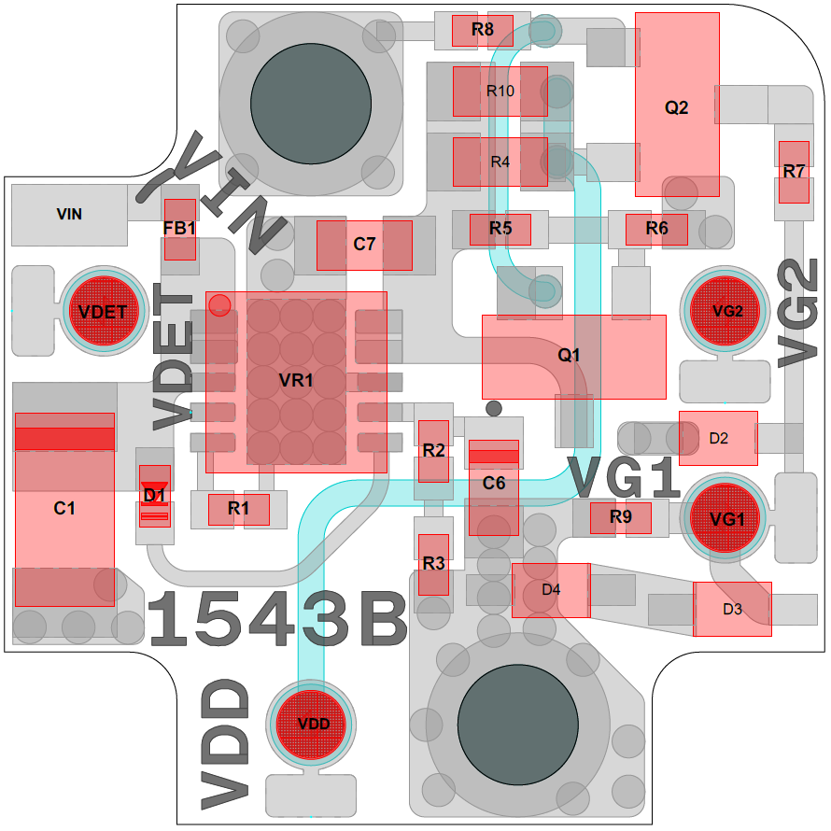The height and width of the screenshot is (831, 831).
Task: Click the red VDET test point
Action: (x=104, y=311)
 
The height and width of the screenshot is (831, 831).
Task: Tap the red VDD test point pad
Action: (x=311, y=725)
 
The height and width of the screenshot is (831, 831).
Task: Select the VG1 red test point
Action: (x=725, y=518)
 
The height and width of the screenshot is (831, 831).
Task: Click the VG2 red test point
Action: (x=725, y=311)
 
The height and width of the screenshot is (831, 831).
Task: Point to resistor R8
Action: (x=483, y=31)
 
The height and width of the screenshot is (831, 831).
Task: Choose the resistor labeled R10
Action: (x=500, y=92)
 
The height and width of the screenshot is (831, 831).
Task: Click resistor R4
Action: (x=500, y=162)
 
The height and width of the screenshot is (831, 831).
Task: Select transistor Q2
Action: (x=677, y=105)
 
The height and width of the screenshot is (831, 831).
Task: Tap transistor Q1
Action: (x=574, y=357)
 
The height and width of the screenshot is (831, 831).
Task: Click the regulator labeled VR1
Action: (x=296, y=382)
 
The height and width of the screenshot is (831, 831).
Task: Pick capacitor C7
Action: (x=365, y=246)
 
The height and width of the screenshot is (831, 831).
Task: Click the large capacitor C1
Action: (x=64, y=509)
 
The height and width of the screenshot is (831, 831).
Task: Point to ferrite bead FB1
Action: (x=180, y=230)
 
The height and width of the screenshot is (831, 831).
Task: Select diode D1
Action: (x=155, y=496)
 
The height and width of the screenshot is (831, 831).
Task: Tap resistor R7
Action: (x=794, y=172)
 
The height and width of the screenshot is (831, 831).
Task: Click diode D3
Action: (x=732, y=609)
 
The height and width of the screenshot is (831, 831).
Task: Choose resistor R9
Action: (x=621, y=518)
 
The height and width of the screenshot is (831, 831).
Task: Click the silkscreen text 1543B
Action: (x=277, y=619)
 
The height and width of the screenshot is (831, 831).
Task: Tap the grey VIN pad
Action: (x=69, y=215)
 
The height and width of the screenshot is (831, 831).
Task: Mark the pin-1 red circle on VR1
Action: (x=219, y=305)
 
